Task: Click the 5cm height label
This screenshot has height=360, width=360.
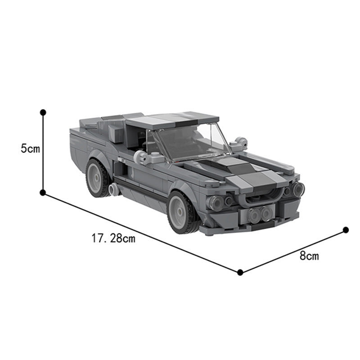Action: pyautogui.click(x=31, y=148)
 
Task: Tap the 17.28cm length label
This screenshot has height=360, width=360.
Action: pyautogui.click(x=113, y=238)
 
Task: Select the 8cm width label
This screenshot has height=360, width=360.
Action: pyautogui.click(x=309, y=256)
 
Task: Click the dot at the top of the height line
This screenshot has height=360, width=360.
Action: pyautogui.click(x=43, y=112)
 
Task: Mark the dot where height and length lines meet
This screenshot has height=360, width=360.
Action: pyautogui.click(x=43, y=193)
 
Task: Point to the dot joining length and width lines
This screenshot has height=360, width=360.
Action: pyautogui.click(x=240, y=272)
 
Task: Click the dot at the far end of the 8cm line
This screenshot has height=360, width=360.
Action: pyautogui.click(x=346, y=230)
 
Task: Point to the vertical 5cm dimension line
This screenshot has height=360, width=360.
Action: pyautogui.click(x=43, y=153)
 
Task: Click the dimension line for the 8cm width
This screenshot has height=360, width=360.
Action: pyautogui.click(x=292, y=251)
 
